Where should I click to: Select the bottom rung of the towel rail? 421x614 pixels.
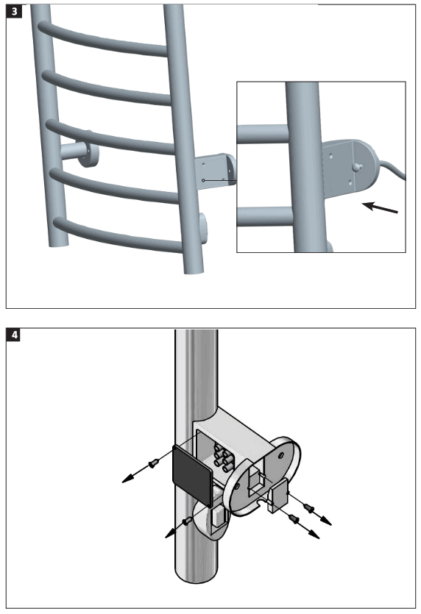(x=118, y=236)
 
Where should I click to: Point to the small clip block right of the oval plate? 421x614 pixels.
(x=280, y=493)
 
